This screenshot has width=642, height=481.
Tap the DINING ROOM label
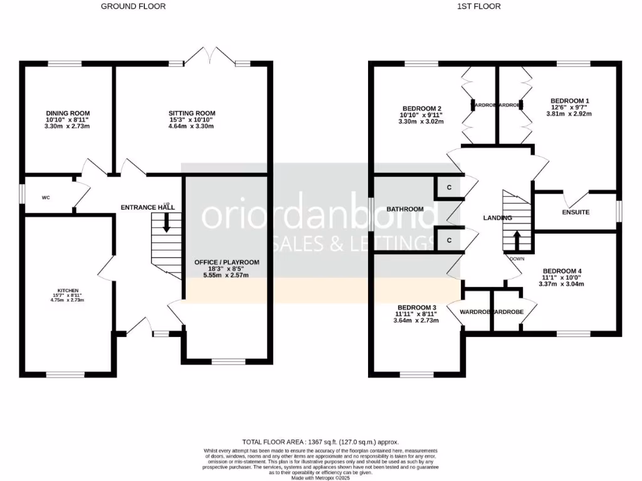point(63,113)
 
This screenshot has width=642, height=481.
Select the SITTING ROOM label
point(191,113)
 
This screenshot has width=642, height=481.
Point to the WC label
point(46,198)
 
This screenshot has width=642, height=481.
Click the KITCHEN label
point(68,291)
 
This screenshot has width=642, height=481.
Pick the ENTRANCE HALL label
point(147,207)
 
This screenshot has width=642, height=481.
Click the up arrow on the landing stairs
point(517,240)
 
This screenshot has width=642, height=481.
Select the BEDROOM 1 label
point(569,101)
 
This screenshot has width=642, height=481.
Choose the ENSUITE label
point(576,212)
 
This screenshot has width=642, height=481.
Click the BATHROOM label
point(404,209)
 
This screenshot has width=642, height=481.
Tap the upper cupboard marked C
point(449,188)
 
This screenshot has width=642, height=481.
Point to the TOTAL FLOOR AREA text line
point(320,442)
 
